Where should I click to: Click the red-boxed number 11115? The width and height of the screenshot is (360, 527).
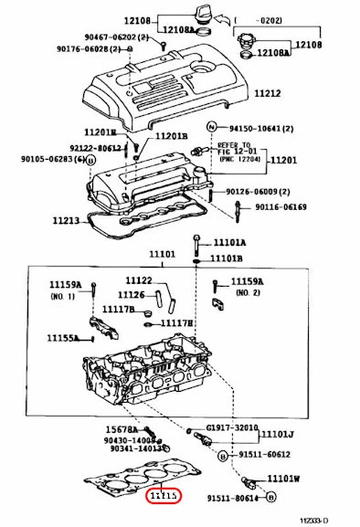(x=165, y=496)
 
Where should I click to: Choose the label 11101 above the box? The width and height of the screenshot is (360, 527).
(x=161, y=254)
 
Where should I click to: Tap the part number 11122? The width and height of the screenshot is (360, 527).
(x=139, y=279)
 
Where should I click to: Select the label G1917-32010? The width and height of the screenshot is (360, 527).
(x=232, y=427)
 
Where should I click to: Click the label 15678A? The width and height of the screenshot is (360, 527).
(x=120, y=429)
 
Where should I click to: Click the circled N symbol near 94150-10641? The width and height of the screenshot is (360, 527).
(x=211, y=127)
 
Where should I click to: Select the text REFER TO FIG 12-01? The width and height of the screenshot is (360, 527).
(x=238, y=148)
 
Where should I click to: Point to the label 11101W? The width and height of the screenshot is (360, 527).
(x=284, y=478)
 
